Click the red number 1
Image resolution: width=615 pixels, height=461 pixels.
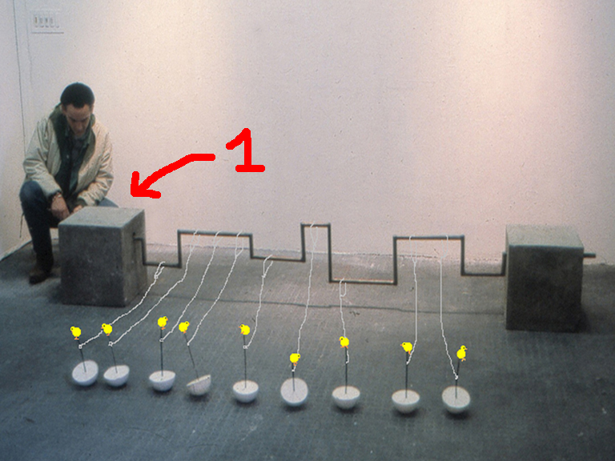pyautogui.click(x=246, y=151)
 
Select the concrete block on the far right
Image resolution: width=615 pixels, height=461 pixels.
pyautogui.click(x=545, y=277)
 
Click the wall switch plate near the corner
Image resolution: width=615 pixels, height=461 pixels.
pyautogui.click(x=47, y=21)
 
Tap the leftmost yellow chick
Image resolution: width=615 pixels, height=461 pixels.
pyautogui.click(x=76, y=332)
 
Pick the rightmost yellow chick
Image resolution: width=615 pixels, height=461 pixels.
pyautogui.click(x=461, y=353)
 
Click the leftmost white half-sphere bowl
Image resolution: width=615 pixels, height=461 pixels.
pyautogui.click(x=85, y=372)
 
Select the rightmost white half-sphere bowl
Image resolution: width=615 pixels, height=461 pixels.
pyautogui.click(x=456, y=399)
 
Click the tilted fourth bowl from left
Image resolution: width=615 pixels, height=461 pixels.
pyautogui.click(x=199, y=384)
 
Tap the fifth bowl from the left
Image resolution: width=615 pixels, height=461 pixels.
pyautogui.click(x=246, y=391)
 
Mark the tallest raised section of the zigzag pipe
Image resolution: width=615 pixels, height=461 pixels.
pyautogui.click(x=316, y=225)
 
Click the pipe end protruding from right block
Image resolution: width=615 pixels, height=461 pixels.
pyautogui.click(x=589, y=255)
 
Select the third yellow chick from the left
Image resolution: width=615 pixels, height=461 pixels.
pyautogui.click(x=163, y=323)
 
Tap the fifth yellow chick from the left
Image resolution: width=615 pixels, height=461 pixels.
pyautogui.click(x=245, y=329)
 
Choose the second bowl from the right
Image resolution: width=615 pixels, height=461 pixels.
pyautogui.click(x=405, y=401)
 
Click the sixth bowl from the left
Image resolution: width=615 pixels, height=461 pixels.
pyautogui.click(x=295, y=391)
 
